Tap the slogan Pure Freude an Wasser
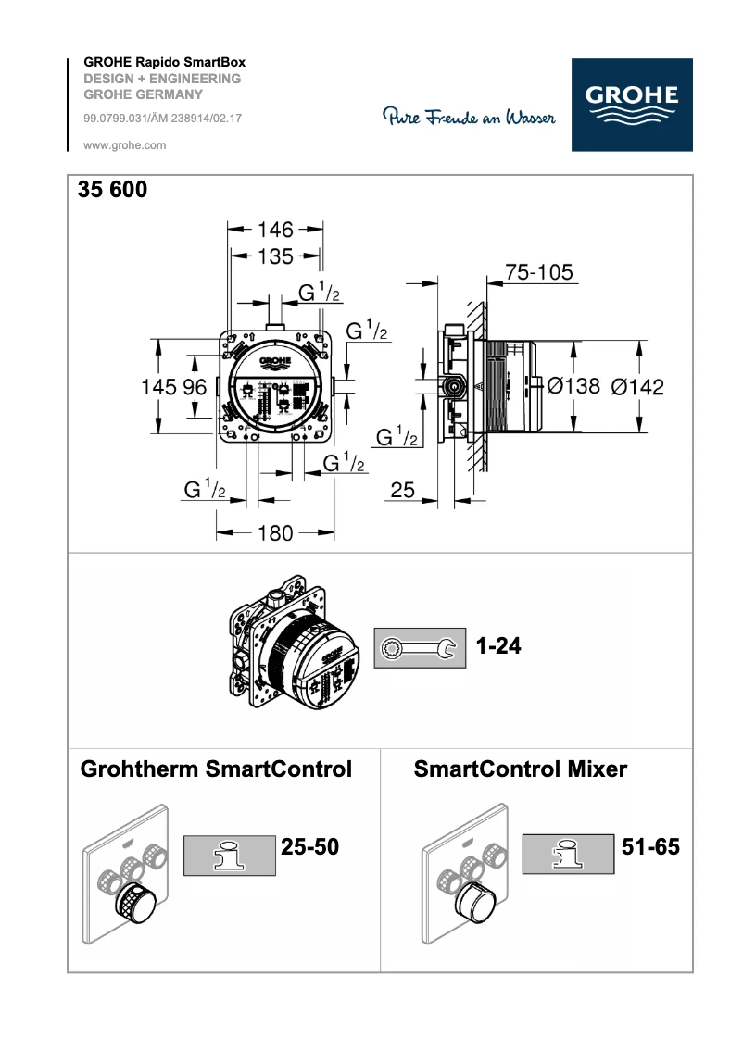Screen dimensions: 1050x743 click(x=469, y=118)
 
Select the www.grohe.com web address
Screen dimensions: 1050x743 click(x=125, y=145)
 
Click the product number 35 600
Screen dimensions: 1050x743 click(x=112, y=190)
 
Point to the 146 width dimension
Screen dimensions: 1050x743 click(x=275, y=229)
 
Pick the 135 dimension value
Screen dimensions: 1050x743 click(x=275, y=256)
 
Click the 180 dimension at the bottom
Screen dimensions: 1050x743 click(x=275, y=532)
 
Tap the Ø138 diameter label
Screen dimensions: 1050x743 click(x=573, y=386)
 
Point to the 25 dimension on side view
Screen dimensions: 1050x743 click(x=402, y=490)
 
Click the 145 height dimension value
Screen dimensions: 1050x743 click(x=157, y=388)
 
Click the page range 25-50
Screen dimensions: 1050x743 click(x=309, y=846)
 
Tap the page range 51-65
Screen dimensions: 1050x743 click(x=650, y=846)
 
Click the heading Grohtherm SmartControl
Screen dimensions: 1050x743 click(x=216, y=769)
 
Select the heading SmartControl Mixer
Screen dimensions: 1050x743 click(x=520, y=769)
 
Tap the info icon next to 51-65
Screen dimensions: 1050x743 click(x=569, y=853)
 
